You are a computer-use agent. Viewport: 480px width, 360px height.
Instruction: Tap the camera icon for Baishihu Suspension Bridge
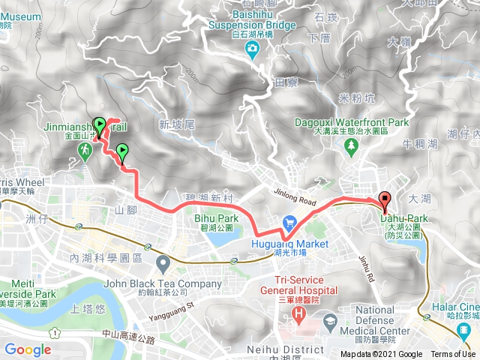253,49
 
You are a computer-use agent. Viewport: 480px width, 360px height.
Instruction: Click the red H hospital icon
300,312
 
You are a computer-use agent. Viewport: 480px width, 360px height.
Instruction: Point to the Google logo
28,349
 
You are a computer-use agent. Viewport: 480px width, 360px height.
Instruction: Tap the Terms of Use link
452,355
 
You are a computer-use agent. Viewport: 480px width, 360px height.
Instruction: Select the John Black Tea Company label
172,284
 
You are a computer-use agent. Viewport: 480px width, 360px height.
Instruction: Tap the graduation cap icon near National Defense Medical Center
329,321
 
